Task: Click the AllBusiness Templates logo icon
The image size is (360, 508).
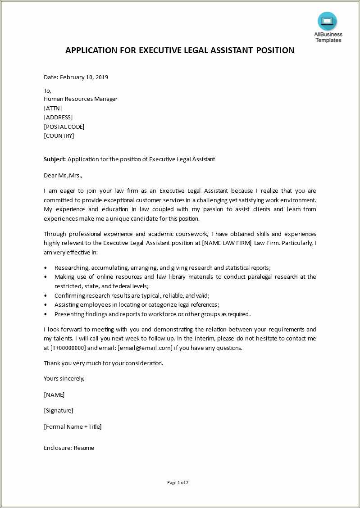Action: [x=327, y=21]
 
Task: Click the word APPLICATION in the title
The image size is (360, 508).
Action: [x=91, y=50]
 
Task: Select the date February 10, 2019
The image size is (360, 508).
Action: [x=84, y=77]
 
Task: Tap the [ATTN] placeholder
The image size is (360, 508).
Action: [x=53, y=108]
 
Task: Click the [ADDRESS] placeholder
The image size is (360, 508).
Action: [x=58, y=117]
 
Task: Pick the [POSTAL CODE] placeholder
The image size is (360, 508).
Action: [x=64, y=127]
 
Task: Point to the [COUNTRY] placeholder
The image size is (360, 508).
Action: [x=59, y=136]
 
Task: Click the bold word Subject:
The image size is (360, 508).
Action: [x=55, y=159]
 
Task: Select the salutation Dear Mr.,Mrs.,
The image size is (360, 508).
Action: [x=63, y=175]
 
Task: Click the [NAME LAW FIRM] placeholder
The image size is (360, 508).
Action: [x=227, y=243]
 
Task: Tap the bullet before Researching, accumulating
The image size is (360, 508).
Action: [x=46, y=268]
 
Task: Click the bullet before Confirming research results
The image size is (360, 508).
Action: [x=46, y=296]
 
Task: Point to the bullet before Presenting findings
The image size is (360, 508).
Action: [x=46, y=314]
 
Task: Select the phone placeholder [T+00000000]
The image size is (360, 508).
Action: [x=68, y=348]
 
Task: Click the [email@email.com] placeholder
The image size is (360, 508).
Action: [x=145, y=348]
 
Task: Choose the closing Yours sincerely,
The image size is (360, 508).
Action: [x=64, y=378]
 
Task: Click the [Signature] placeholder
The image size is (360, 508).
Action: [x=58, y=410]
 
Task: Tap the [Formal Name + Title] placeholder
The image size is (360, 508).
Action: [x=73, y=426]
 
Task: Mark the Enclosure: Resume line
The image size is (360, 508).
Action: [x=69, y=448]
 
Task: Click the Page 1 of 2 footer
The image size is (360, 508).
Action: [x=178, y=483]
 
